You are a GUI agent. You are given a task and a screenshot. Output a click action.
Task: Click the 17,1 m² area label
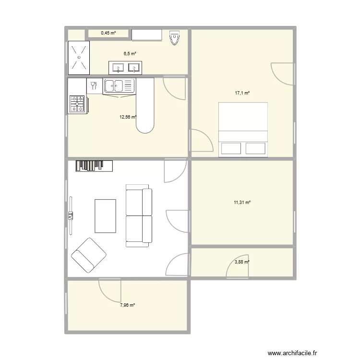point(242,93)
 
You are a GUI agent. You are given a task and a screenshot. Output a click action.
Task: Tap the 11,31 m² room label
point(242,203)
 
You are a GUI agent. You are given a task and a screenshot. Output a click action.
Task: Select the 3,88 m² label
point(242,262)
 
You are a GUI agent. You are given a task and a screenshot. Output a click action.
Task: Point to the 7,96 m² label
point(127,305)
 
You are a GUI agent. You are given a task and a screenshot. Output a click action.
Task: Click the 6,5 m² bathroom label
point(130,54)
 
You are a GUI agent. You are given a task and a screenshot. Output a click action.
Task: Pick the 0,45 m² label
point(108,33)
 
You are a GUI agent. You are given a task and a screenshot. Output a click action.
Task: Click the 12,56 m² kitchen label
point(128,116)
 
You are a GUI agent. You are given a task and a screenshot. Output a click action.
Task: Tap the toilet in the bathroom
point(175,37)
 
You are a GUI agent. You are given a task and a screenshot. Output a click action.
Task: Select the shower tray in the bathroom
point(79,57)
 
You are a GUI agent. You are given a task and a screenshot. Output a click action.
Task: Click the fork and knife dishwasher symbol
point(94,86)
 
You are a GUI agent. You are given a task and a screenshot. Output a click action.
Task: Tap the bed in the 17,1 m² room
point(242,129)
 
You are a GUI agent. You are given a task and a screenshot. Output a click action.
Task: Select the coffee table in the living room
point(106,216)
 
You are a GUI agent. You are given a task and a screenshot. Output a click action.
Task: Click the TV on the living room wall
point(70,216)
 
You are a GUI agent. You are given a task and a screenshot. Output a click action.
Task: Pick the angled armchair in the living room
point(89,254)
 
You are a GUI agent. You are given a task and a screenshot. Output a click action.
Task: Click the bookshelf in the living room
point(94,166)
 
